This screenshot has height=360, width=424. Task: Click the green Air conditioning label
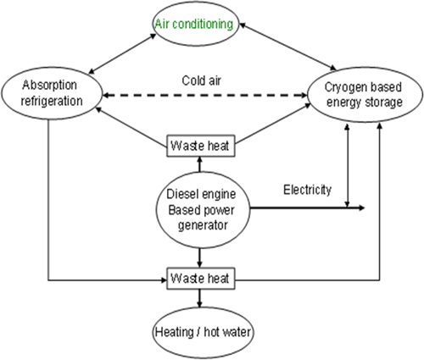[194, 24]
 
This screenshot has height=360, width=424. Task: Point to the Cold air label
[201, 80]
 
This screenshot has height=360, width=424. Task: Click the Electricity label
[307, 190]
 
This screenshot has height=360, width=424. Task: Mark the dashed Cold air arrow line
[205, 96]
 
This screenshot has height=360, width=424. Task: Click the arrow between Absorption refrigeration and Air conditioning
[122, 53]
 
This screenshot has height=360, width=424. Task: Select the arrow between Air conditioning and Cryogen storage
[287, 47]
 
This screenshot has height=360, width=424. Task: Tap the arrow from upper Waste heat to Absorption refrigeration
[131, 127]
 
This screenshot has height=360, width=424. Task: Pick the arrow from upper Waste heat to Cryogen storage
[272, 124]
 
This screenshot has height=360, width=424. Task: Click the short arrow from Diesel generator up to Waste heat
[200, 164]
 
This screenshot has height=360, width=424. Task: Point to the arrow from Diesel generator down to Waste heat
[200, 258]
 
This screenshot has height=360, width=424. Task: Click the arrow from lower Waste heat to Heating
[200, 298]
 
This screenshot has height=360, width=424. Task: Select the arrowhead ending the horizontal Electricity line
[361, 208]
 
